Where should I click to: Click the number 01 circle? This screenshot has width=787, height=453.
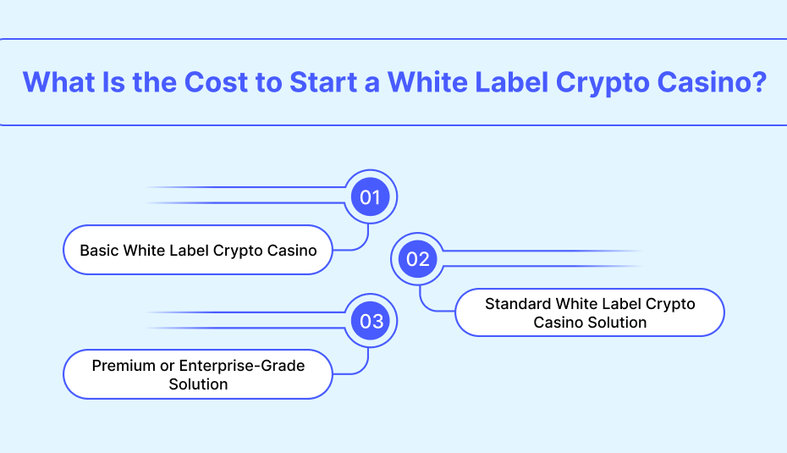pyautogui.click(x=371, y=197)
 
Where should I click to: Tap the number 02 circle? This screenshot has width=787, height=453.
pyautogui.click(x=417, y=259)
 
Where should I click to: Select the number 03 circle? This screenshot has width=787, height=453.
pyautogui.click(x=371, y=321)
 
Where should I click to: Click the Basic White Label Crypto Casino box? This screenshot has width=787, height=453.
pyautogui.click(x=198, y=250)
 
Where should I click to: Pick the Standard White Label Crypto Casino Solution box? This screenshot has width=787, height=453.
pyautogui.click(x=590, y=312)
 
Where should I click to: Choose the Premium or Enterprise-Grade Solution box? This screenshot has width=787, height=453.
pyautogui.click(x=198, y=374)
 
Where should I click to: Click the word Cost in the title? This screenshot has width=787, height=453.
pyautogui.click(x=217, y=82)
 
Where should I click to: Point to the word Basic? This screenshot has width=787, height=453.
pyautogui.click(x=99, y=250)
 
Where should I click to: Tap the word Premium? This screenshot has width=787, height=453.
pyautogui.click(x=124, y=366)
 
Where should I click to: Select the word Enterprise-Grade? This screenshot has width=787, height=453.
pyautogui.click(x=242, y=366)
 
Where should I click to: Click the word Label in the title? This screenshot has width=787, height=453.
pyautogui.click(x=511, y=82)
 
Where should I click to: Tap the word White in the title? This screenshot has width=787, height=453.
pyautogui.click(x=427, y=82)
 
